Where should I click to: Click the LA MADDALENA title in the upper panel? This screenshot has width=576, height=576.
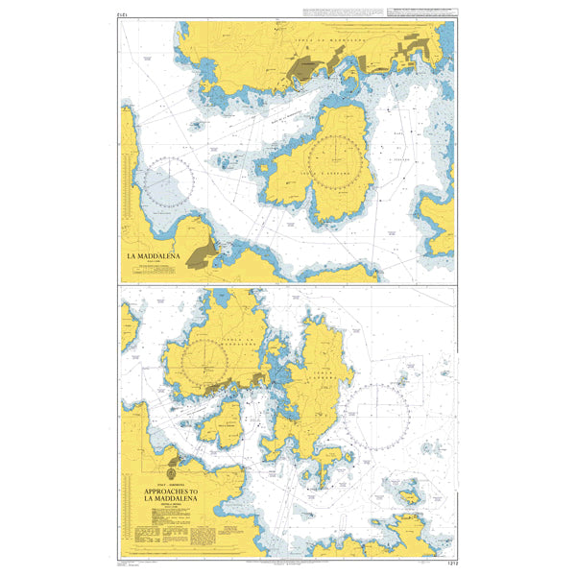(x=154, y=256)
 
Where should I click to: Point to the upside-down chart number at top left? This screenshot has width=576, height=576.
(x=123, y=15)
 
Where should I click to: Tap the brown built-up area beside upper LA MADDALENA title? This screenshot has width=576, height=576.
(x=204, y=253)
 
